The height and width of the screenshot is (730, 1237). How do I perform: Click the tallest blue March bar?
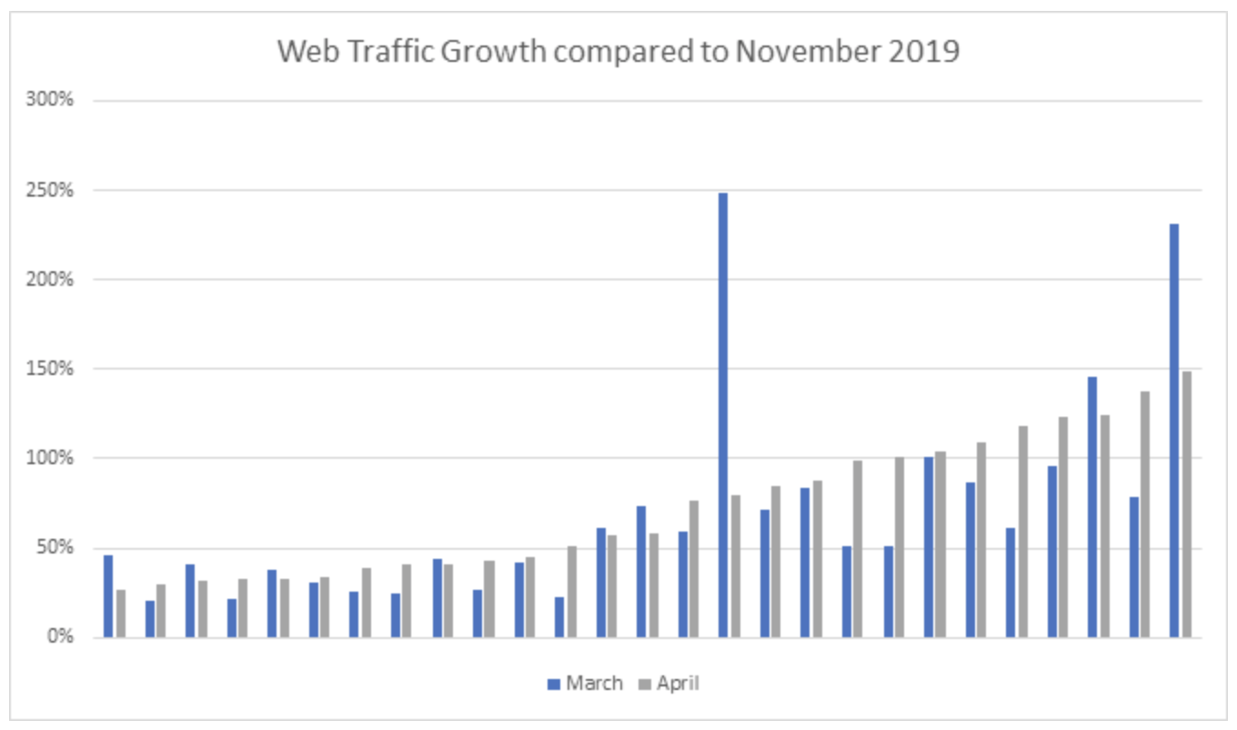(x=723, y=415)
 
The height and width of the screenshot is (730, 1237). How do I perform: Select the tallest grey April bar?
(x=1187, y=504)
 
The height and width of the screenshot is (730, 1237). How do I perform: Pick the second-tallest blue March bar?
(x=1174, y=431)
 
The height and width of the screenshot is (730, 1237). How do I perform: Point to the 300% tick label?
(x=50, y=99)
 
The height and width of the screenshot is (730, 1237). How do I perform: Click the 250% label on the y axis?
(x=50, y=190)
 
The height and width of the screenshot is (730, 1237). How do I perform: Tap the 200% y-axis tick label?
(x=50, y=279)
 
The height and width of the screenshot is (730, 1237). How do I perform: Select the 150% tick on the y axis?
(x=50, y=369)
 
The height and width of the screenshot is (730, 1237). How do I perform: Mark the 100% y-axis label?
(x=50, y=458)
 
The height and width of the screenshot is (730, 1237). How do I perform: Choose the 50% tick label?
(x=55, y=547)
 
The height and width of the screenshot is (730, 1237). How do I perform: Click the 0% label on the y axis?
(x=60, y=636)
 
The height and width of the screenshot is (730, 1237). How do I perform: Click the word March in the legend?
(x=594, y=684)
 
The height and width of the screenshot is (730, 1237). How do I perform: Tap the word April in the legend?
(x=679, y=684)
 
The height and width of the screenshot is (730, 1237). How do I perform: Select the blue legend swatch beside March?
(x=554, y=684)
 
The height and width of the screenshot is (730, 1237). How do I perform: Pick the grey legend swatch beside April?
(x=645, y=684)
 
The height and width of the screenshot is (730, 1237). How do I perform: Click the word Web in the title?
(x=308, y=51)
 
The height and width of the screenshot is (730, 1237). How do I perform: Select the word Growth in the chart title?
(x=494, y=51)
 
